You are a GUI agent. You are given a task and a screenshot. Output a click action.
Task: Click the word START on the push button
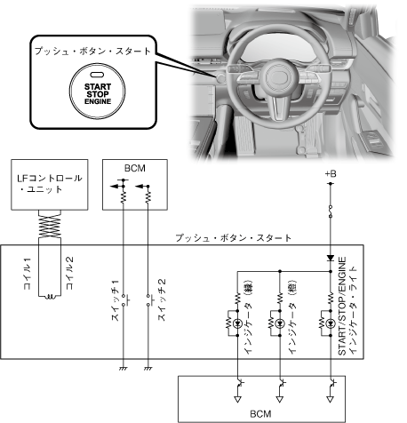click(98, 87)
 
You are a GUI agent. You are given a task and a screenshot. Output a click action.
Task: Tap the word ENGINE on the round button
click(98, 101)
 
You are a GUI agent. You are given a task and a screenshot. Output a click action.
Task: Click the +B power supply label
click(331, 173)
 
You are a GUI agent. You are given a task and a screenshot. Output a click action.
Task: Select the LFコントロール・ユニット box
click(50, 185)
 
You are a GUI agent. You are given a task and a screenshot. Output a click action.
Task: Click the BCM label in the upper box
click(135, 168)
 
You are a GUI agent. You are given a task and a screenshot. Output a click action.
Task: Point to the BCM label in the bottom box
click(260, 413)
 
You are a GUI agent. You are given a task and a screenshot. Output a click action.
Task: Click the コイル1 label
click(28, 274)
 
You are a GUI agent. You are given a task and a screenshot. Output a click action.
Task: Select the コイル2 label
click(70, 273)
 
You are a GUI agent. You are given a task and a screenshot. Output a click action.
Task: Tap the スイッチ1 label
click(116, 300)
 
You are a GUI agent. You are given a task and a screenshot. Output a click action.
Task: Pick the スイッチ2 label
click(162, 299)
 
